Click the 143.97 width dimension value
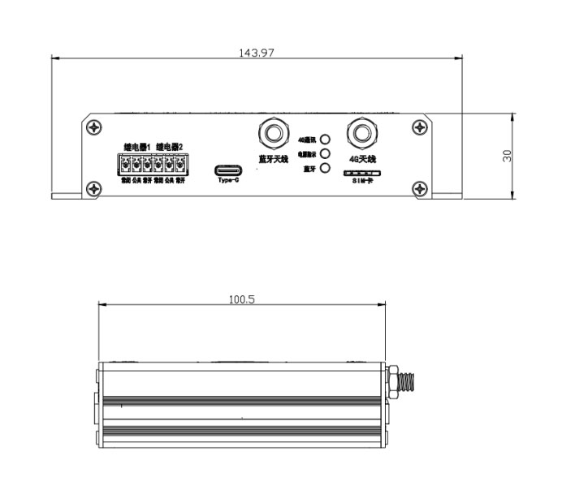(x=256, y=53)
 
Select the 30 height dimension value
(x=508, y=155)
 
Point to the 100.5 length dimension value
(x=241, y=299)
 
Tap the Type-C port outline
(x=229, y=170)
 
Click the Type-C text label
(x=229, y=182)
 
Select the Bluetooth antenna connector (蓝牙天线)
(x=273, y=132)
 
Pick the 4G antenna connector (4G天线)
(x=361, y=132)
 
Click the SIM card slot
(x=361, y=174)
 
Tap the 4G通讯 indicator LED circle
(x=325, y=140)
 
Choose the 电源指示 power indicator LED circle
(x=325, y=153)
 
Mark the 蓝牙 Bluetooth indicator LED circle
(x=325, y=168)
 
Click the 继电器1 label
(x=136, y=147)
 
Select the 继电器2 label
(x=170, y=147)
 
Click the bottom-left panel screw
(x=96, y=189)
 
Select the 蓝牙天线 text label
(x=273, y=158)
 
